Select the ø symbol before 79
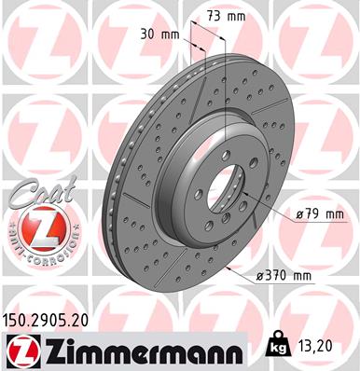[298, 213]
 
